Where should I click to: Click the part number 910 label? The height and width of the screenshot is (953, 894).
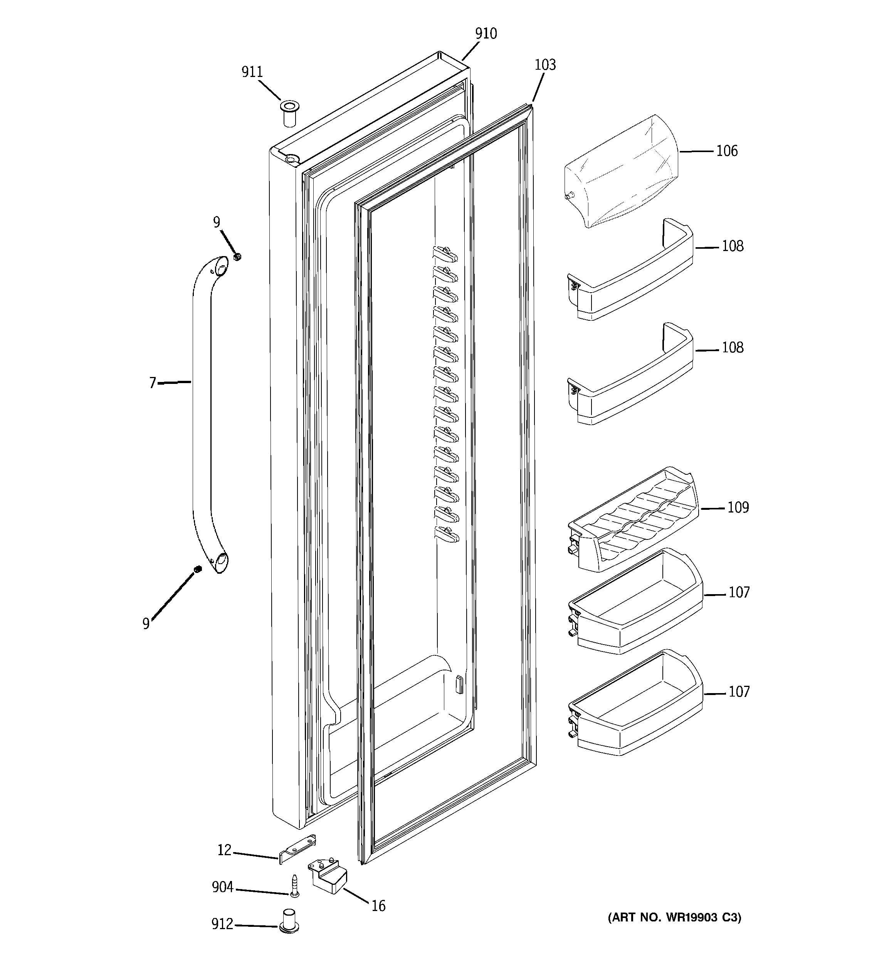coord(486,33)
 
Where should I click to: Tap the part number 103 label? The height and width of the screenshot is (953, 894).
coord(545,65)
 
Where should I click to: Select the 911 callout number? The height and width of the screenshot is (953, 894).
coord(252,72)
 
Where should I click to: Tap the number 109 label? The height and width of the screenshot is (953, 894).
coord(738,507)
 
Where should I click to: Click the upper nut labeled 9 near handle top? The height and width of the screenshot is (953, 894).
coord(237,257)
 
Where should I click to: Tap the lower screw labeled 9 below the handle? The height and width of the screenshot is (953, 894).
coord(197,569)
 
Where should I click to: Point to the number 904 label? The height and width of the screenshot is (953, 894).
coord(223,887)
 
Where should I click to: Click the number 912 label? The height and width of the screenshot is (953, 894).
coord(222,924)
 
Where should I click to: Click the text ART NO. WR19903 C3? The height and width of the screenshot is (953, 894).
coord(674,918)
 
